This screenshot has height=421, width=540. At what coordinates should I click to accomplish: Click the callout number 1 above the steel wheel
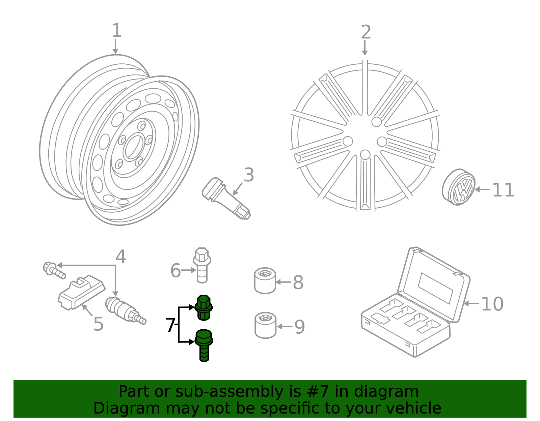(x=116, y=31)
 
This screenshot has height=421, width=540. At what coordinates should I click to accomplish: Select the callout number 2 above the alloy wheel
(x=366, y=32)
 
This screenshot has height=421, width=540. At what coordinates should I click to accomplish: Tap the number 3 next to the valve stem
(x=249, y=175)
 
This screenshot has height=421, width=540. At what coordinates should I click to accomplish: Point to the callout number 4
(x=120, y=257)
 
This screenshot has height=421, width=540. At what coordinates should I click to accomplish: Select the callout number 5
(x=98, y=324)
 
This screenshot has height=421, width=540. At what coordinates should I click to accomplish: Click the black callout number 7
(x=170, y=326)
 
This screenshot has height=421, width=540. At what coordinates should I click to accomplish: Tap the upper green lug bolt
(x=204, y=307)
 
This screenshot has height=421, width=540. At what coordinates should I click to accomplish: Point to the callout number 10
(x=492, y=304)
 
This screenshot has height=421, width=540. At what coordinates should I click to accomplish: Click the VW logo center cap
(x=459, y=187)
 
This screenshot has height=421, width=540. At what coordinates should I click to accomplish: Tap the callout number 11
(x=503, y=190)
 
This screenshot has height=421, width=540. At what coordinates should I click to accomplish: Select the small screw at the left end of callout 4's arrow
(x=53, y=270)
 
